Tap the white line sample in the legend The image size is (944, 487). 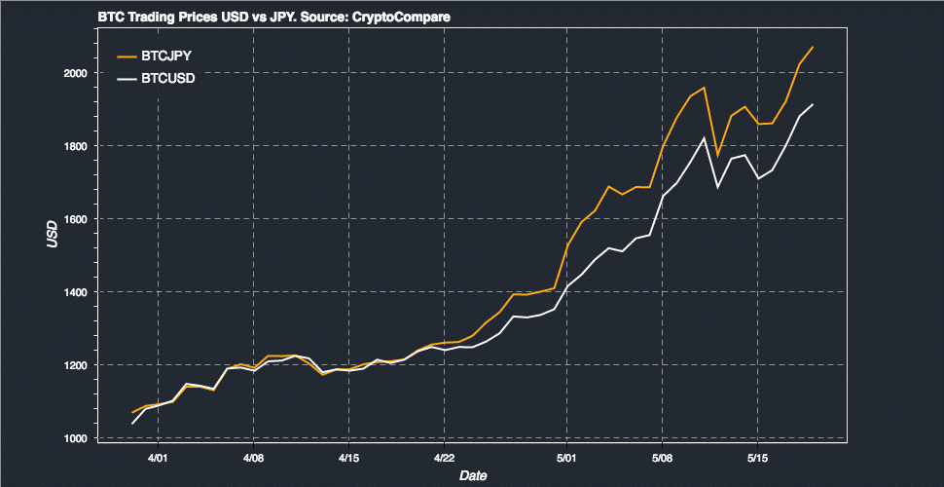pyautogui.click(x=126, y=78)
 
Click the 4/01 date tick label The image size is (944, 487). pyautogui.click(x=158, y=457)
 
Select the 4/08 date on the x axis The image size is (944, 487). pyautogui.click(x=253, y=457)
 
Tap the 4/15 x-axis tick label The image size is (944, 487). pyautogui.click(x=348, y=457)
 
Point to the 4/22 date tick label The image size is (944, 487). pyautogui.click(x=444, y=457)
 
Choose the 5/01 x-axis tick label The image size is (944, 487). pyautogui.click(x=566, y=457)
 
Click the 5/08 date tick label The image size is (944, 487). pyautogui.click(x=662, y=457)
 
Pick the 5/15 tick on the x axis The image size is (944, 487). pyautogui.click(x=757, y=457)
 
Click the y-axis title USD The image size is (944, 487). pyautogui.click(x=54, y=234)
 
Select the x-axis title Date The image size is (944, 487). pyautogui.click(x=473, y=475)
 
